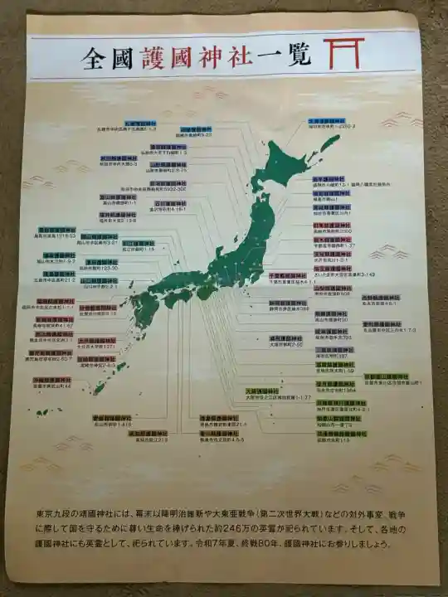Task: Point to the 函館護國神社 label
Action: pos(196,129)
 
